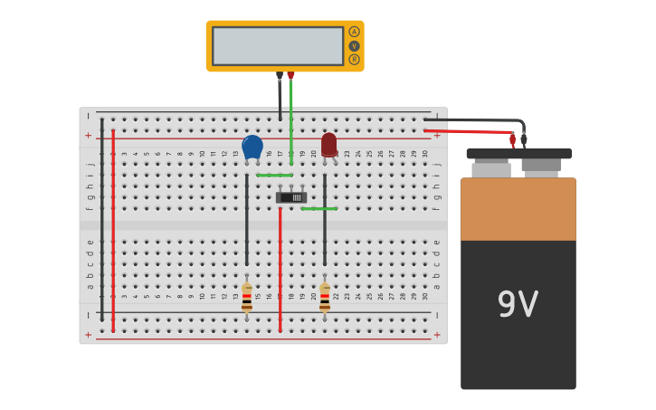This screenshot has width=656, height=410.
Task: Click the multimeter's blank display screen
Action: (278, 45)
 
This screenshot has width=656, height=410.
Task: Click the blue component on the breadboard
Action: (252, 147)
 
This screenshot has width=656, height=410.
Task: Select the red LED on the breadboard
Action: (328, 145)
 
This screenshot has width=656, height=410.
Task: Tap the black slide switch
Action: (291, 197)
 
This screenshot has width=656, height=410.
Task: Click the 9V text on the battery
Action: (518, 305)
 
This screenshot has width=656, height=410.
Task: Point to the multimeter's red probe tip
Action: (290, 76)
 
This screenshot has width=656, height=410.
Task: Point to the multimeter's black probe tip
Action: (280, 76)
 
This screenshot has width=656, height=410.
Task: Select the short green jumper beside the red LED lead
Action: (318, 208)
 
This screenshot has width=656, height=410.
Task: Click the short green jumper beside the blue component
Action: (274, 175)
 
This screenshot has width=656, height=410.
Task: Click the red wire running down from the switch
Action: (280, 272)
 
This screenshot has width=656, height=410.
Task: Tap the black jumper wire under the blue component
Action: (247, 222)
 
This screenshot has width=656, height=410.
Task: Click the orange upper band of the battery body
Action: (518, 209)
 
